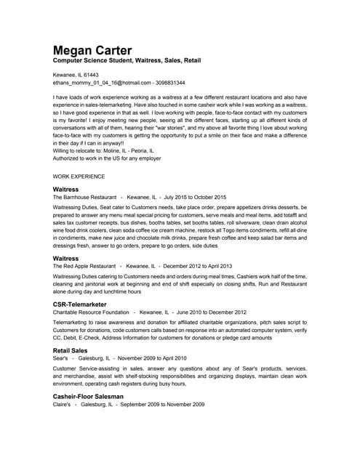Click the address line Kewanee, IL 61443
click(76, 75)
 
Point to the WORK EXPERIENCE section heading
click(79, 177)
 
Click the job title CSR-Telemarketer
click(82, 304)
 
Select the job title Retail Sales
click(71, 350)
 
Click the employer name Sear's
click(60, 359)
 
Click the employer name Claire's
click(63, 405)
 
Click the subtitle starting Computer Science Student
click(124, 62)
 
